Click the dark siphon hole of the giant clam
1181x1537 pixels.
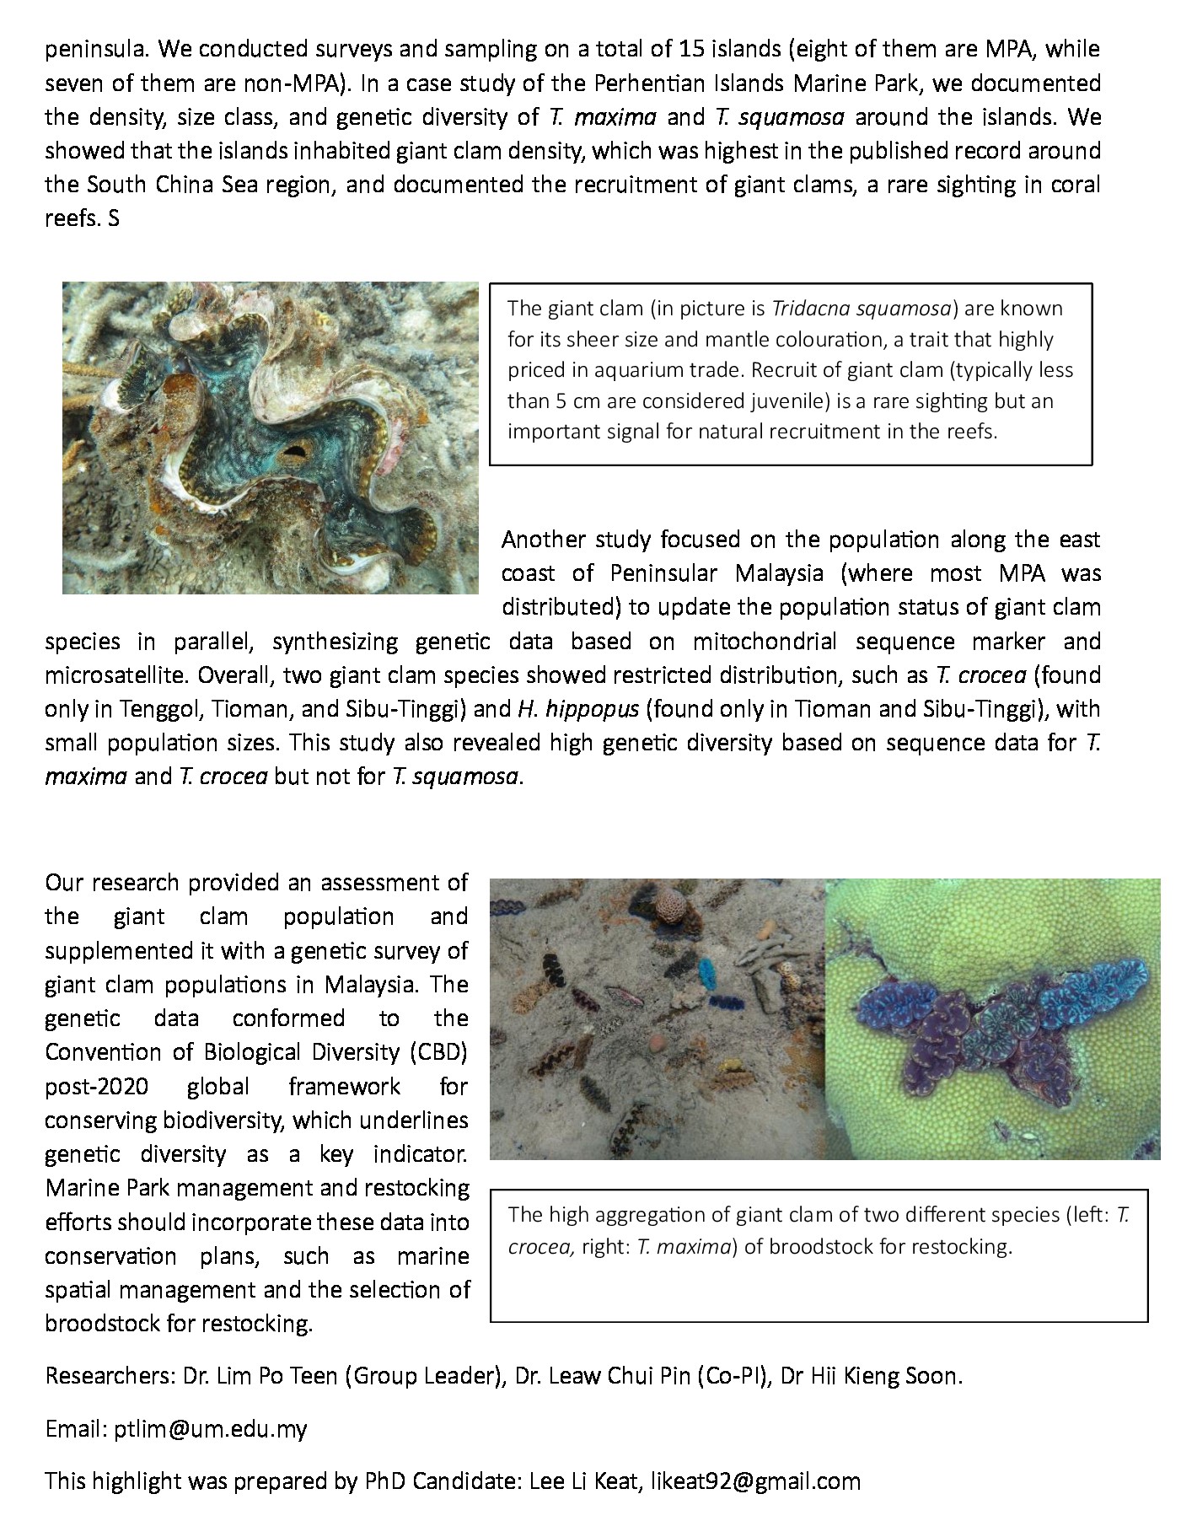296,454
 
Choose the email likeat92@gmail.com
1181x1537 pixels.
754,1481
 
